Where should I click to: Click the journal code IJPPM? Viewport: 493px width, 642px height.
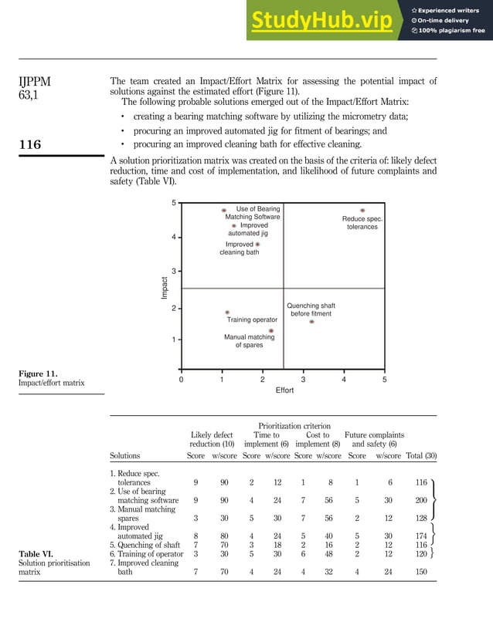tap(36, 81)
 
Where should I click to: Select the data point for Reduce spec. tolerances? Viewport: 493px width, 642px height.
tap(362, 210)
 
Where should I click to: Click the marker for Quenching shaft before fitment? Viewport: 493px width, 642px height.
tap(311, 322)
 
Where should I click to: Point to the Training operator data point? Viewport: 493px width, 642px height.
tap(227, 313)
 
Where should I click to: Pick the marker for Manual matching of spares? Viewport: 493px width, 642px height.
tap(270, 330)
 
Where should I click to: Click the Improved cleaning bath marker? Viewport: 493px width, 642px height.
tap(257, 244)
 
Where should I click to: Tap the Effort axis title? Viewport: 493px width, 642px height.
tap(284, 390)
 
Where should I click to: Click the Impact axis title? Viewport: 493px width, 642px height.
tap(165, 288)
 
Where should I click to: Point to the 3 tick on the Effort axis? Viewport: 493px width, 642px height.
tap(303, 380)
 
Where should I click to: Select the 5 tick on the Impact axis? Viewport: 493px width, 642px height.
tap(174, 203)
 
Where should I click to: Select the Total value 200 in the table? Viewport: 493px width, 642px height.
tap(421, 501)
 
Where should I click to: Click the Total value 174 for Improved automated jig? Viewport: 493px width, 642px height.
tap(421, 535)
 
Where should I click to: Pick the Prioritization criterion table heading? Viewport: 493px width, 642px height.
tap(294, 425)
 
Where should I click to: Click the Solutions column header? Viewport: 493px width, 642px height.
tap(125, 456)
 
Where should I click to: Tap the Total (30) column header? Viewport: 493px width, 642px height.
tap(421, 456)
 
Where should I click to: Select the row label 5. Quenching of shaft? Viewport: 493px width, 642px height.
tap(144, 544)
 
